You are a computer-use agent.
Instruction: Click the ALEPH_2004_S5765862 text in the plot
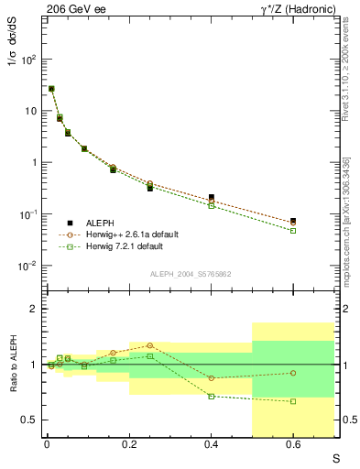(190, 274)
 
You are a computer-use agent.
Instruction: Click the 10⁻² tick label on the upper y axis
(29, 266)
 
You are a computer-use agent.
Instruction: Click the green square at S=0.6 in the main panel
(293, 231)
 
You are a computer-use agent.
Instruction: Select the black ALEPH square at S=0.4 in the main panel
(211, 197)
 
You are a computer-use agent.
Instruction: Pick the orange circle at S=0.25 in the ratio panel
(149, 345)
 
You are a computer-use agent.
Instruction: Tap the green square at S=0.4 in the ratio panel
(211, 396)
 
